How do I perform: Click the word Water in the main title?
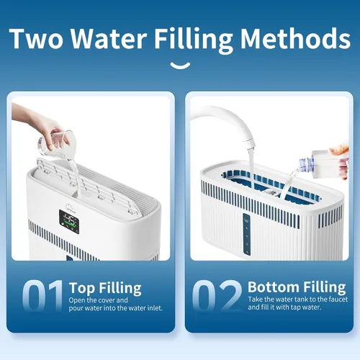[109, 38]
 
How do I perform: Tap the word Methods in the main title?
[295, 38]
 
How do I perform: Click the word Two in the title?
[37, 38]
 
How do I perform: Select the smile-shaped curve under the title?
[180, 66]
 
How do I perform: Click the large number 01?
[42, 296]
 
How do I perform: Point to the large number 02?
[217, 296]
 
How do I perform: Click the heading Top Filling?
[105, 288]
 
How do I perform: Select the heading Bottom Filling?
[297, 287]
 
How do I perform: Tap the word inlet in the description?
[155, 308]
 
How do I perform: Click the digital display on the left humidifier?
[69, 222]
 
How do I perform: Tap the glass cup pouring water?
[57, 143]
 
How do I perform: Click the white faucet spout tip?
[250, 144]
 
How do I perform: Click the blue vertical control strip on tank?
[247, 234]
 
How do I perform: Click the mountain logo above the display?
[68, 207]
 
